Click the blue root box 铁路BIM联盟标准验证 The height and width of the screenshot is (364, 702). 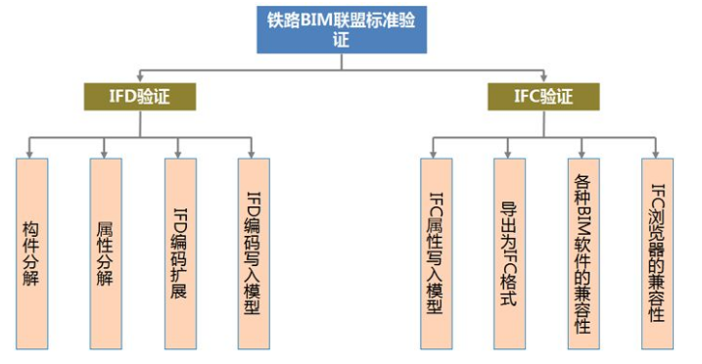pos(342,30)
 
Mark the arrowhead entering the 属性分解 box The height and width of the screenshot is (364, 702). pos(105,152)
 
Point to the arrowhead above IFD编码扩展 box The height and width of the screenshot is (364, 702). pos(179,152)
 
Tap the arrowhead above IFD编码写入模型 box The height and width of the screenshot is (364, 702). pos(253,152)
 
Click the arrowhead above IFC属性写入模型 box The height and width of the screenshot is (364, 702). pos(435,152)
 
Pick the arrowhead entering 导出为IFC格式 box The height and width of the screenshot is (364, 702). pos(509,152)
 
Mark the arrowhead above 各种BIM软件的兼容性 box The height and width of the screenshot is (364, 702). pos(583,152)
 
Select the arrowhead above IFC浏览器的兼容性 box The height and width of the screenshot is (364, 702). pos(657,152)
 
